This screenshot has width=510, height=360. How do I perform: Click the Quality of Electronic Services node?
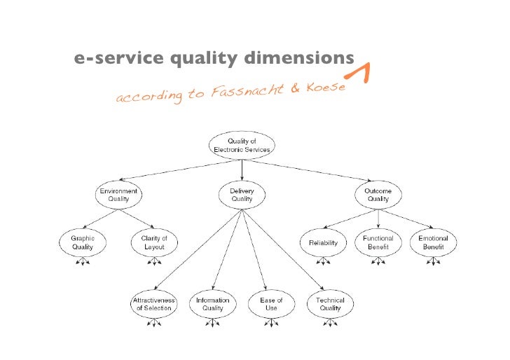point(241,146)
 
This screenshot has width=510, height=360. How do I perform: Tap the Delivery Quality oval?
point(242,194)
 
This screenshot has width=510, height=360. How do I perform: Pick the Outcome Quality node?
point(378,194)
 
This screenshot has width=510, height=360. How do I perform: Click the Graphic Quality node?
point(83,243)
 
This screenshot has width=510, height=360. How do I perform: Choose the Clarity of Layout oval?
point(153,243)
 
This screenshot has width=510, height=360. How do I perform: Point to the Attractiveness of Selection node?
point(153,304)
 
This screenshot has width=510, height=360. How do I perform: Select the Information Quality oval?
point(212,304)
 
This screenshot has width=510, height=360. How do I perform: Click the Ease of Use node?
point(271,304)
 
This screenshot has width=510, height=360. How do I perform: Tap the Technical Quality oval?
point(330,304)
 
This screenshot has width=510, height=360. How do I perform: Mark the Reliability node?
point(323,243)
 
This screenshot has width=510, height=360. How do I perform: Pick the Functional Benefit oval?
point(378,243)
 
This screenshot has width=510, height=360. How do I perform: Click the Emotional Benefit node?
point(433,243)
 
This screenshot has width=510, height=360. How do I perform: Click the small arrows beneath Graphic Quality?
point(83,262)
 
